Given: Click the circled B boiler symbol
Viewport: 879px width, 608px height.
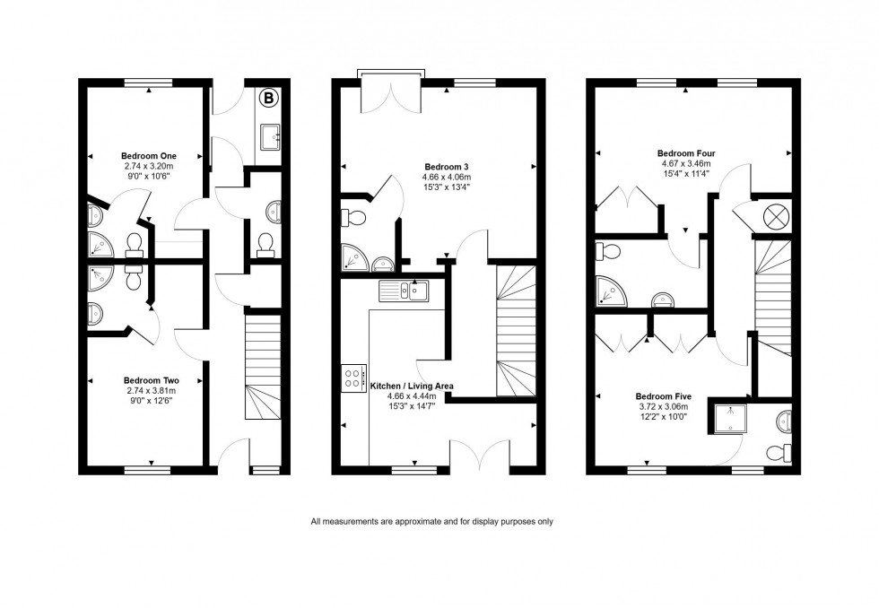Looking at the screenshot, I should pos(268,98).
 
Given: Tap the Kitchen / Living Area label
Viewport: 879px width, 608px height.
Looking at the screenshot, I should pos(412,386).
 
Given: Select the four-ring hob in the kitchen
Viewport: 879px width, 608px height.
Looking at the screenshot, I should pos(352,378).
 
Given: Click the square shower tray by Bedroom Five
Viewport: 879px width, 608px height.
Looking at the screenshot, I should pos(727,416).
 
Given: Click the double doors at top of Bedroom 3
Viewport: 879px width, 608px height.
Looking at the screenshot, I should pos(388,93).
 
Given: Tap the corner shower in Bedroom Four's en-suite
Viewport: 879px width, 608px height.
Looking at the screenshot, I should pos(610,290).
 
